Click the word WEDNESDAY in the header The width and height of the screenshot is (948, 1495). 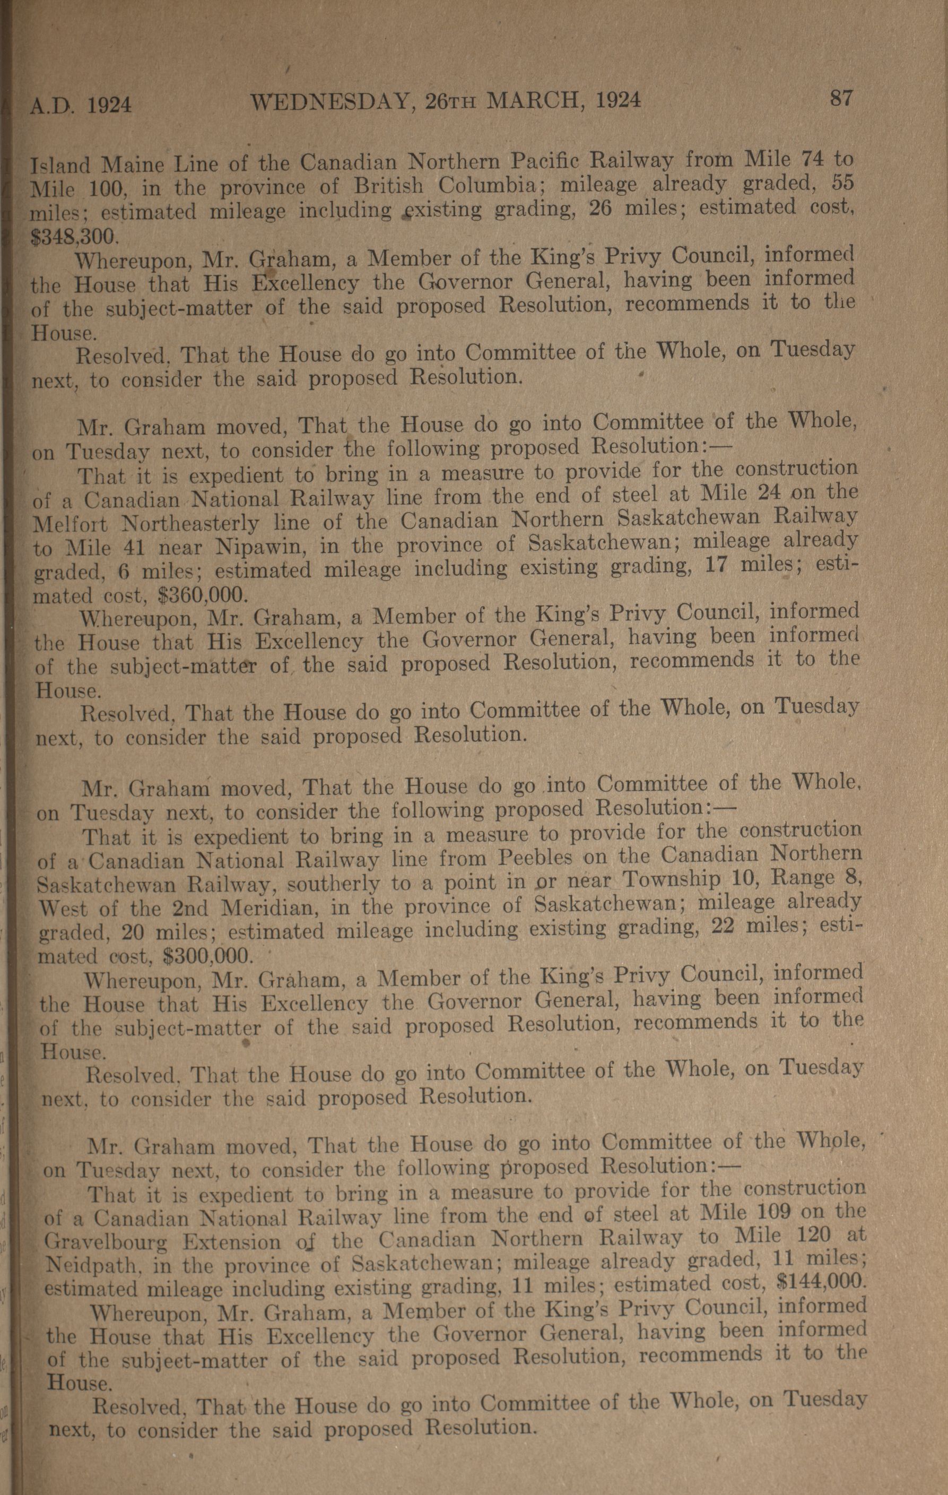(331, 102)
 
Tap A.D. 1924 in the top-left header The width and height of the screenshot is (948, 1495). (81, 106)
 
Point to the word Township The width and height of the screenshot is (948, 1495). (671, 880)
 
